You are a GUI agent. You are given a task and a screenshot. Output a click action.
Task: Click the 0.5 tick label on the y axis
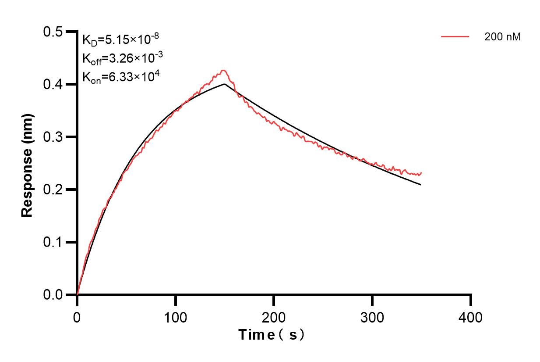pos(53,32)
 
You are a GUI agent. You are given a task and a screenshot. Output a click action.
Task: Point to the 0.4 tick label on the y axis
pos(53,84)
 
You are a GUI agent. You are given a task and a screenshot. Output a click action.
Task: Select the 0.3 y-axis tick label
pos(53,137)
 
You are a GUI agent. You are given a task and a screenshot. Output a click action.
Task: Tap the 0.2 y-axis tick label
pos(53,190)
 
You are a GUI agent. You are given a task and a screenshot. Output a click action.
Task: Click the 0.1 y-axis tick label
pos(53,242)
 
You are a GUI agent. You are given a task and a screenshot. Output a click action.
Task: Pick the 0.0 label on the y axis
pos(53,295)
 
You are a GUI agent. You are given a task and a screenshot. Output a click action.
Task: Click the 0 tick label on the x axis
pos(77,317)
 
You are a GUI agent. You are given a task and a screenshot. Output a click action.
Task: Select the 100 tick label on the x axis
pos(175,317)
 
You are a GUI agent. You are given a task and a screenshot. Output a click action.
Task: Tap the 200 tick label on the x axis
pos(274,317)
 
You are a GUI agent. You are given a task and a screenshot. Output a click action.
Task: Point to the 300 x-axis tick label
pos(372,317)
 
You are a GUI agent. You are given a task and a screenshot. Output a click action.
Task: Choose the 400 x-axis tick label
pos(471,317)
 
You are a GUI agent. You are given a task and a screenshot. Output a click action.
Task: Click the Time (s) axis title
pos(271,335)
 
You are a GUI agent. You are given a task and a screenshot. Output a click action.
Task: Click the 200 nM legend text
pos(502,37)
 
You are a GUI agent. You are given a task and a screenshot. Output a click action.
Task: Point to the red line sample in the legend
pos(455,37)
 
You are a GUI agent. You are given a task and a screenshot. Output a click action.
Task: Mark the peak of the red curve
pos(223,70)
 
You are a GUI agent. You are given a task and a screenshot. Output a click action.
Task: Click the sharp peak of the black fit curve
pos(224,84)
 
